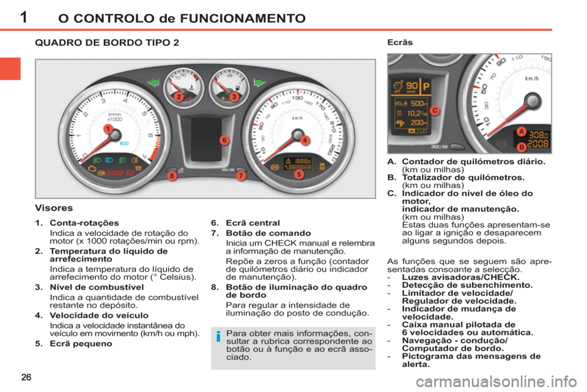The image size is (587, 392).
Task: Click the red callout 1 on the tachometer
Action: pyautogui.click(x=107, y=129)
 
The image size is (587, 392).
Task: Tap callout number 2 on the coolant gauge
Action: pyautogui.click(x=178, y=97)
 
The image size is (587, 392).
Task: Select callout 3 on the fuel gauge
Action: pyautogui.click(x=234, y=97)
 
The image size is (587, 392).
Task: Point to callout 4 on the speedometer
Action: pyautogui.click(x=304, y=140)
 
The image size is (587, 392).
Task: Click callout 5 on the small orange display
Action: pyautogui.click(x=299, y=174)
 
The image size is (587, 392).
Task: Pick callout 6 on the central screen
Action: pyautogui.click(x=224, y=140)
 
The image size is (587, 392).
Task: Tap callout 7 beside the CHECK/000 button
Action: pyautogui.click(x=241, y=176)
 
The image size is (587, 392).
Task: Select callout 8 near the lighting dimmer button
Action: pyautogui.click(x=172, y=176)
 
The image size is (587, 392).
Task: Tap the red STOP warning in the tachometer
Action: pyautogui.click(x=116, y=173)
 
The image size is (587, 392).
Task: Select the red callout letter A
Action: pyautogui.click(x=520, y=132)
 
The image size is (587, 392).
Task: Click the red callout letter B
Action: pyautogui.click(x=520, y=147)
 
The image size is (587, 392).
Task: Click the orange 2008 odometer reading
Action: pyautogui.click(x=539, y=144)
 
